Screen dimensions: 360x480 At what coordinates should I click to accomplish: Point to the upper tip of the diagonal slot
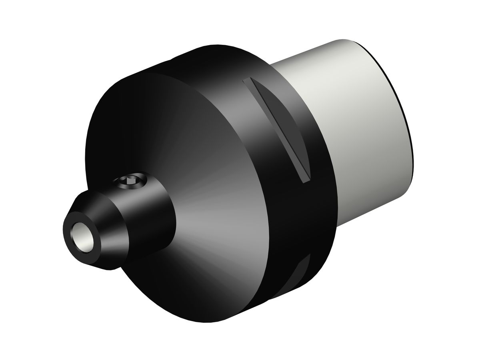tap(245, 80)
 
